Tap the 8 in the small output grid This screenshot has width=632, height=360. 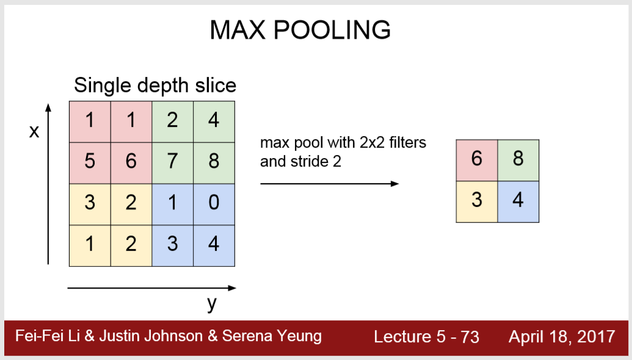pyautogui.click(x=518, y=160)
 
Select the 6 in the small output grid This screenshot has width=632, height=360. pyautogui.click(x=477, y=160)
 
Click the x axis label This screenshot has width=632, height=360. pyautogui.click(x=34, y=132)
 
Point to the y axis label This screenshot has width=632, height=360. pyautogui.click(x=211, y=303)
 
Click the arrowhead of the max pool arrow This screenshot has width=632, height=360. pyautogui.click(x=396, y=183)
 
